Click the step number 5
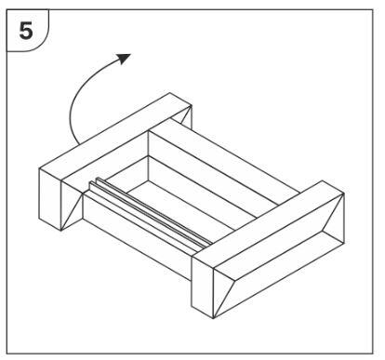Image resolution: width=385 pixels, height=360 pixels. point(26,31)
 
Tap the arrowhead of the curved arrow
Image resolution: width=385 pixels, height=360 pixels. point(124,59)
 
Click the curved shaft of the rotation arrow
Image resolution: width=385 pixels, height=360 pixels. point(81,93)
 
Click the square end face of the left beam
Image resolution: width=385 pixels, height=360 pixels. point(50,199)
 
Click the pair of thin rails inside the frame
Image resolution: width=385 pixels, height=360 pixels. point(151,212)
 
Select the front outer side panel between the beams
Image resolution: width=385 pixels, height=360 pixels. point(138,236)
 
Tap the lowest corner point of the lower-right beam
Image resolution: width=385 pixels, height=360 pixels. point(213,318)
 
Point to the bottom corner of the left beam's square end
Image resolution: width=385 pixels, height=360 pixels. point(60,231)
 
